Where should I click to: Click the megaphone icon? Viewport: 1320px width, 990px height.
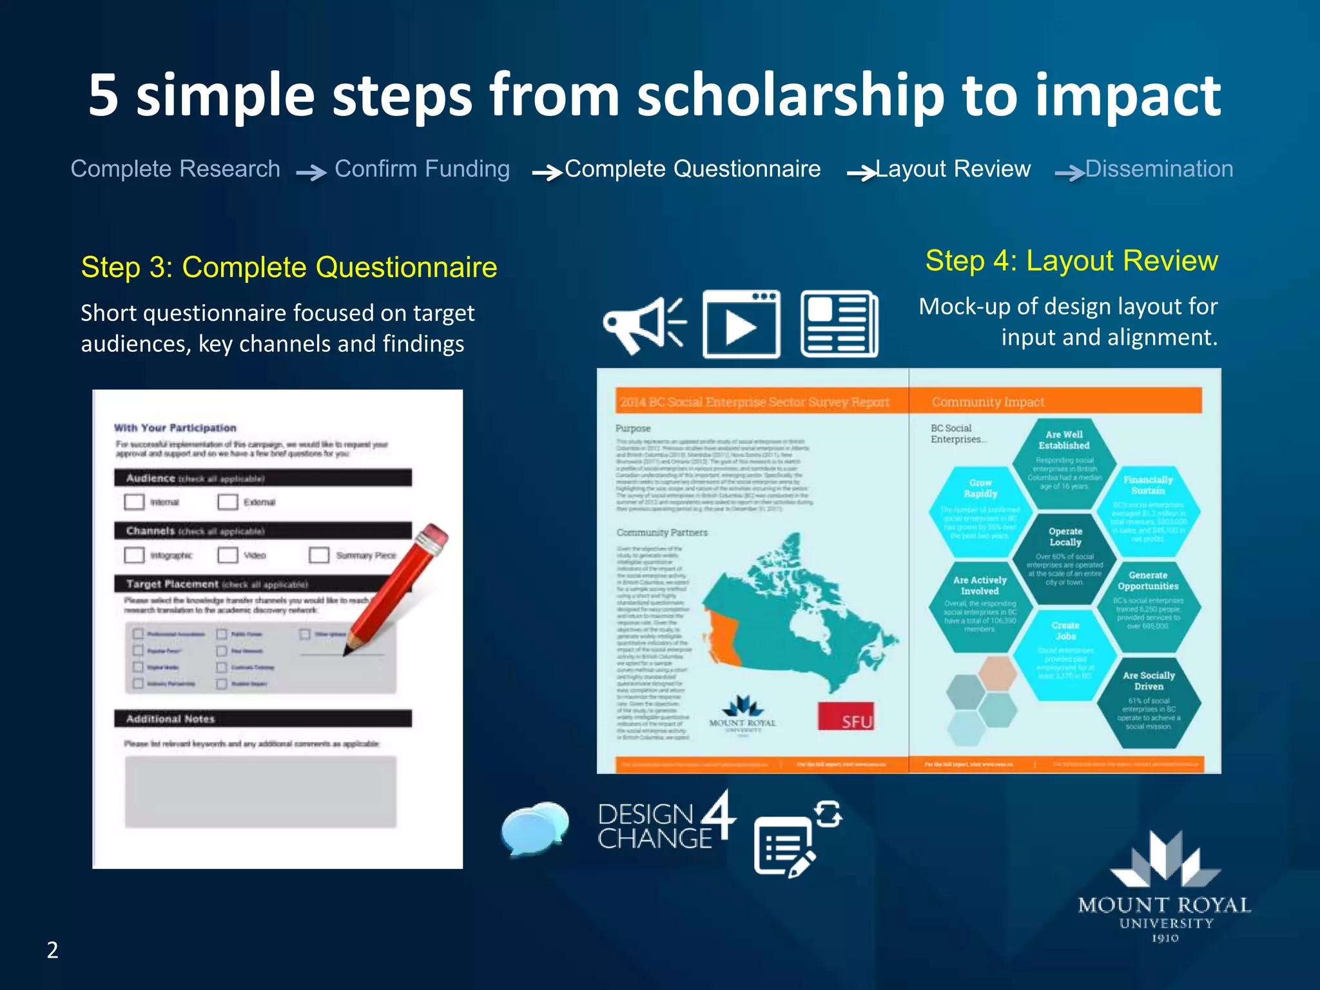tap(643, 324)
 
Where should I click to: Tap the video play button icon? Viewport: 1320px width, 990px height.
tap(741, 324)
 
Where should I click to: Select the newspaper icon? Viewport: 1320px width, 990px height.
tap(839, 324)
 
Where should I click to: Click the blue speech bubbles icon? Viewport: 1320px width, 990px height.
tap(534, 828)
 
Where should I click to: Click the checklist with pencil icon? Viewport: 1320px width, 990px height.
tap(796, 838)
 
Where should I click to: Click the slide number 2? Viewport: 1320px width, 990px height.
tap(52, 950)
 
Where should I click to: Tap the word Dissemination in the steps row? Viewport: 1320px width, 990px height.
tap(1158, 169)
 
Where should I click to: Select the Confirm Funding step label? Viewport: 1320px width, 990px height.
tap(422, 169)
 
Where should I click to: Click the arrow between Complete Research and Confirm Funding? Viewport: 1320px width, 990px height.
tap(311, 173)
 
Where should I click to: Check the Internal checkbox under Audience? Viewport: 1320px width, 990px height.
tap(134, 501)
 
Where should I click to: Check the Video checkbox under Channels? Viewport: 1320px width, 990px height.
tap(228, 554)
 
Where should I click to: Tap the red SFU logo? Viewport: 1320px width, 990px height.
tap(846, 716)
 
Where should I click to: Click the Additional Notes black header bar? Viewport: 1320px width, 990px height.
tap(262, 719)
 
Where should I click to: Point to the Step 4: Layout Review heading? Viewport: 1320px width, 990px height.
tap(1071, 261)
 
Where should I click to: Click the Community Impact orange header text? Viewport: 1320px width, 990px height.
tap(987, 402)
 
